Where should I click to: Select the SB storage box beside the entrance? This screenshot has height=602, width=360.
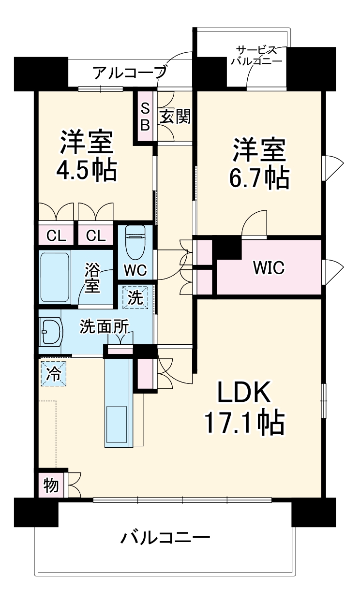point(145,117)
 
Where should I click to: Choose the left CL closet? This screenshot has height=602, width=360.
point(56,236)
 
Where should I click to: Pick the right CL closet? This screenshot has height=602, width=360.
point(96,236)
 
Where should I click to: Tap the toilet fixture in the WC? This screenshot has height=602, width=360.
point(135,242)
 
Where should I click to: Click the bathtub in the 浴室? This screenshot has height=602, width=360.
point(55,276)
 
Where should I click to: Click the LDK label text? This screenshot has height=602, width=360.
point(243,394)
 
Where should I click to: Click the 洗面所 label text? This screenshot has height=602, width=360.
point(104,325)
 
